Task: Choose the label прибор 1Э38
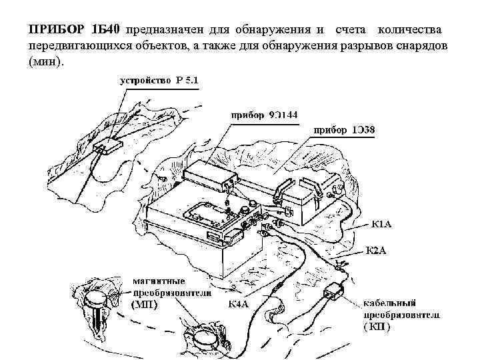(344, 130)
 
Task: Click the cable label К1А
(381, 224)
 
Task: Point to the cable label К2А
(376, 251)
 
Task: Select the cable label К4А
(239, 304)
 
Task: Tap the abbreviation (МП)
(149, 305)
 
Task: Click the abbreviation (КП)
(377, 327)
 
